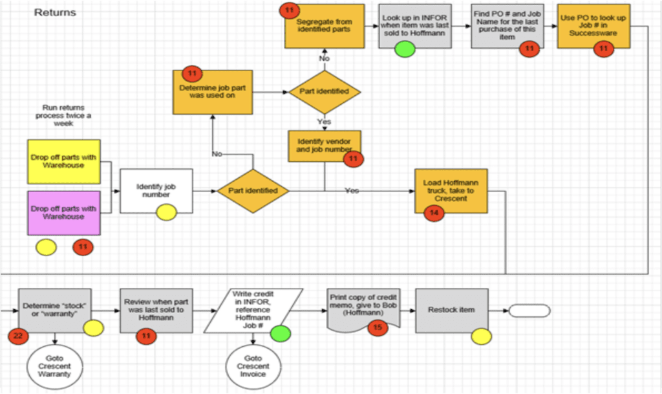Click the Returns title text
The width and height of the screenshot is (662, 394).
(55, 12)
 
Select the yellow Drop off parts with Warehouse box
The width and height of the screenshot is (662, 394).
(63, 162)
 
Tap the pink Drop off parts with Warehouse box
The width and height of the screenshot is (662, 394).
(63, 213)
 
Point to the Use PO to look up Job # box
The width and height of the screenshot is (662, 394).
(594, 26)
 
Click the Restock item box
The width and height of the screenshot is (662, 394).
(451, 310)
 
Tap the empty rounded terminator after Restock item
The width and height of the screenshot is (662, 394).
(529, 311)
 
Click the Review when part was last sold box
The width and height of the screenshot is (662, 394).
(156, 310)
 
